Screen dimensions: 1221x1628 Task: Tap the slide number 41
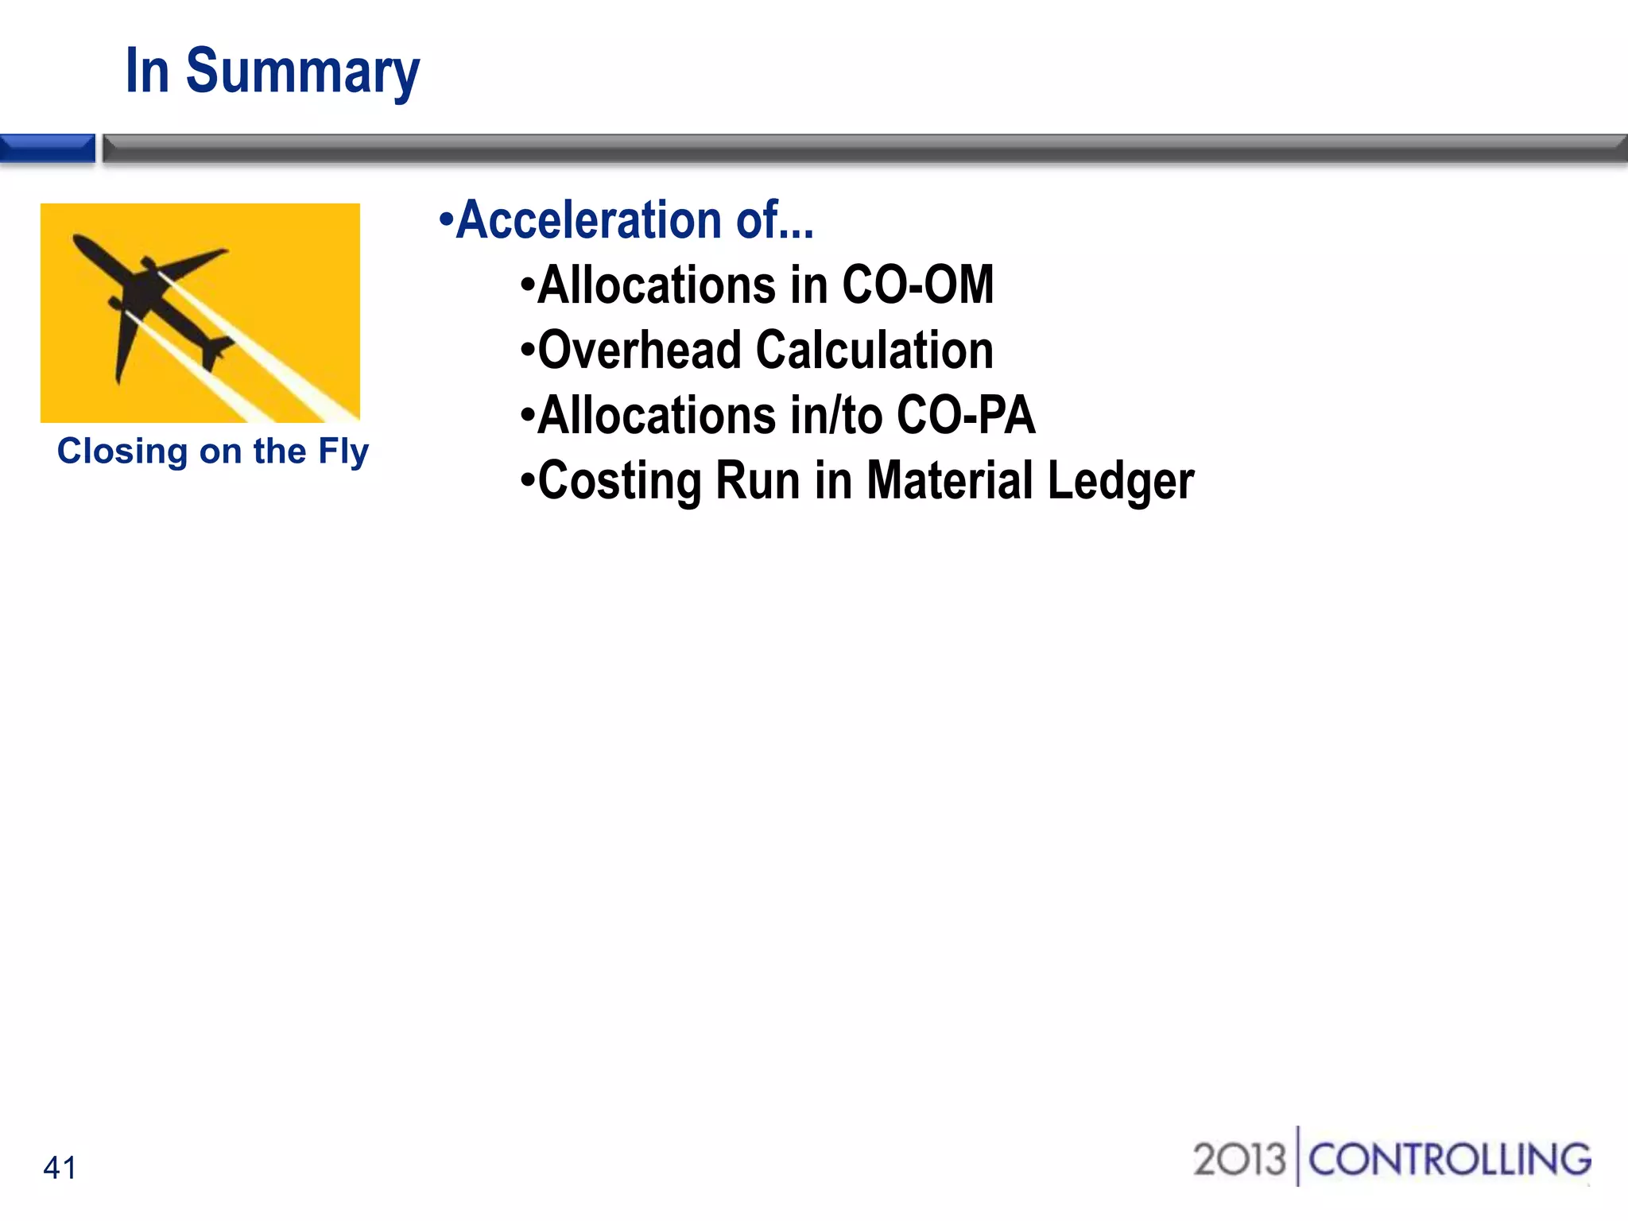click(x=60, y=1168)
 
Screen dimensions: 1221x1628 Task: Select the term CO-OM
click(x=917, y=285)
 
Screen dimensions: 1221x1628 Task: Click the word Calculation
click(x=874, y=351)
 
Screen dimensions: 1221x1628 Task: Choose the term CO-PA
click(x=966, y=416)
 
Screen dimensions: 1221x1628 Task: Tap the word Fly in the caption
click(x=343, y=452)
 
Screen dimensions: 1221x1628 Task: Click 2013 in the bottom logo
click(x=1238, y=1160)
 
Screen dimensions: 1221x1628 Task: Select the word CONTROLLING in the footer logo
click(x=1449, y=1160)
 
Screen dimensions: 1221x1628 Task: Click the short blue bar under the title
click(x=48, y=149)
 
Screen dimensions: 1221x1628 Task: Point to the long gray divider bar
click(x=865, y=149)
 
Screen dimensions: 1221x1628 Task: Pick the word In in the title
click(x=148, y=72)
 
